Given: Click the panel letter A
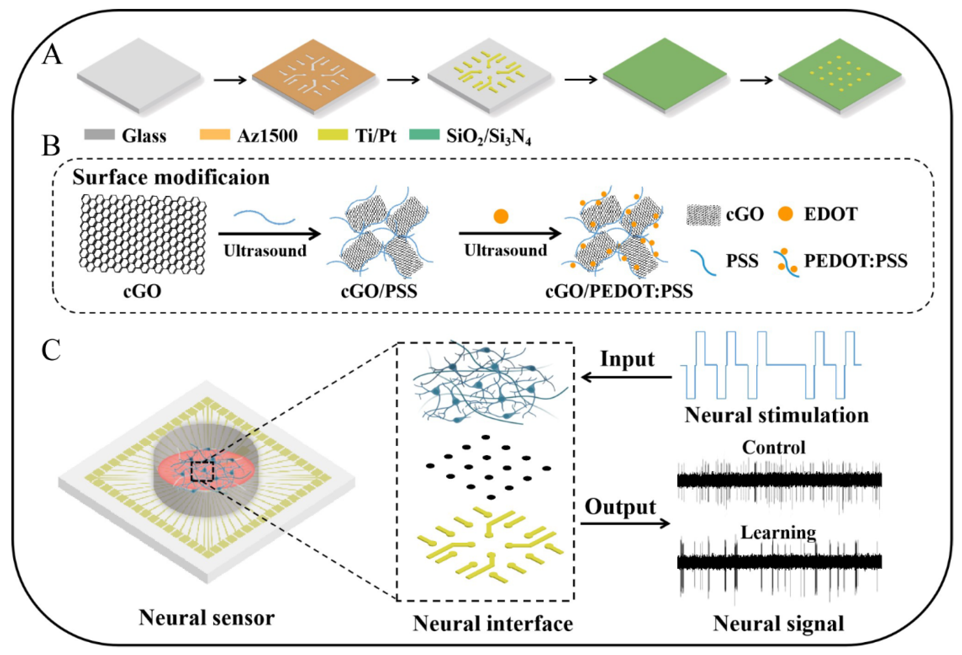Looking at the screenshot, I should point(52,56).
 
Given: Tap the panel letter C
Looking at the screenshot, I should point(51,352).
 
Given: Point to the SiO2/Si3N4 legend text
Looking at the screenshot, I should point(488,137).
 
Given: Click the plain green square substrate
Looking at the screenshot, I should point(664,75).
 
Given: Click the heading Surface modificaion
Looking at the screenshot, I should point(171,177).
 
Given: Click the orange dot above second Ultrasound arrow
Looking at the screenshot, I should point(501,216).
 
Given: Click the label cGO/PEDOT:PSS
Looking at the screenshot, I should point(619,292).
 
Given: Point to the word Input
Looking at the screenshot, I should point(627,359).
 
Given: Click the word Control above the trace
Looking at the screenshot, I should point(774,447).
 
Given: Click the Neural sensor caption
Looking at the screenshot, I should point(207,618).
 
